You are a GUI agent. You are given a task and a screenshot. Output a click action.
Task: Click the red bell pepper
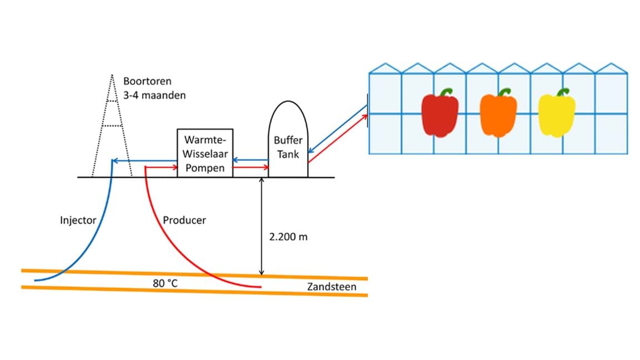[440, 116]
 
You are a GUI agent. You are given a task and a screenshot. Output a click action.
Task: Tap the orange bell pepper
[498, 116]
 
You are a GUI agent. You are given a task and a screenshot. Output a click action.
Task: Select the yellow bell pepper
[556, 116]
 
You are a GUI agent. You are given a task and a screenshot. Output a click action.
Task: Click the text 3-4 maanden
[154, 95]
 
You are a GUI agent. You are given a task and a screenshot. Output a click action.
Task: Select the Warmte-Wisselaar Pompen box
[204, 153]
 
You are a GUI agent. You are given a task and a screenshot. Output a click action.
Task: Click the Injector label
[78, 220]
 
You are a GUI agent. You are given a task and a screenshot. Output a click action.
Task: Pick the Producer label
[184, 220]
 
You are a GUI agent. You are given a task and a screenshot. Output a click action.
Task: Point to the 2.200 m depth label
[288, 237]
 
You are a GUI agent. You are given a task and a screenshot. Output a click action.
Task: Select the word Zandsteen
[331, 287]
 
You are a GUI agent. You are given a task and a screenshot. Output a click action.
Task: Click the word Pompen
[204, 168]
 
